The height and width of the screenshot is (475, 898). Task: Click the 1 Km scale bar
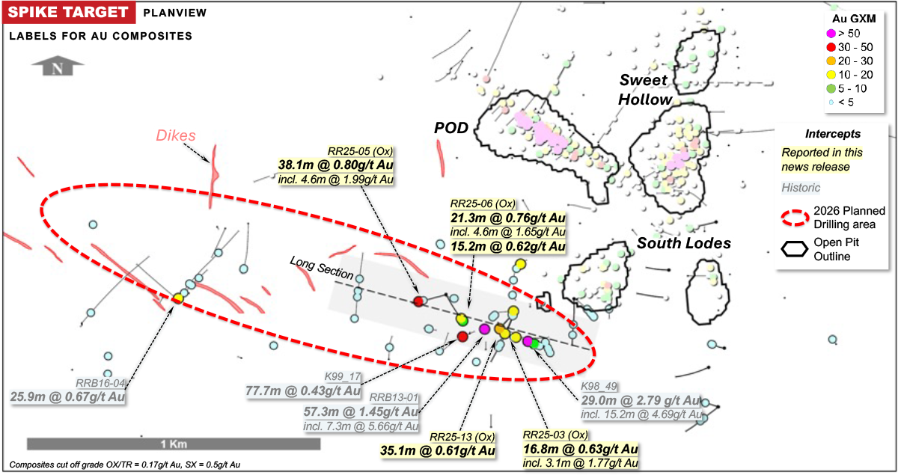[x=174, y=444]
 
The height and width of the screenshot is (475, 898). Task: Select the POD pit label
[x=452, y=128]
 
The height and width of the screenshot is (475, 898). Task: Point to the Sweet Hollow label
[x=645, y=91]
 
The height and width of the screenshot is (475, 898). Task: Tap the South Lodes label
[x=683, y=243]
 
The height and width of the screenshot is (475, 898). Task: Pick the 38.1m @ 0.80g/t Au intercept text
[x=339, y=165]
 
